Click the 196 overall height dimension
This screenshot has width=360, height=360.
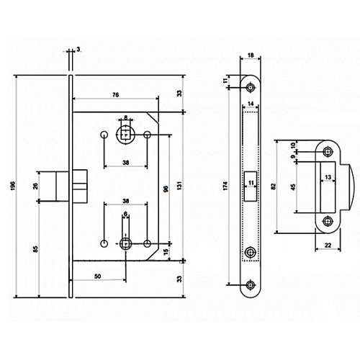(13, 186)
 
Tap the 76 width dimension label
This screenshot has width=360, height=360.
(115, 95)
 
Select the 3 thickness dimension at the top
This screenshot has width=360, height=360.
(78, 50)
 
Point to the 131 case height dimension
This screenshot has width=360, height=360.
(180, 186)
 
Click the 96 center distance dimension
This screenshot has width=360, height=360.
(166, 189)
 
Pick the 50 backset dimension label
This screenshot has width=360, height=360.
(97, 276)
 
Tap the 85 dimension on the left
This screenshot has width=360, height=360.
(35, 249)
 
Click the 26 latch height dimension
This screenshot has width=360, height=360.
(35, 186)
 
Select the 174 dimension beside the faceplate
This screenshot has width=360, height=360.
(225, 186)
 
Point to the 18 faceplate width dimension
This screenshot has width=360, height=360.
(251, 55)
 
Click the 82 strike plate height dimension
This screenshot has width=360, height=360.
(274, 186)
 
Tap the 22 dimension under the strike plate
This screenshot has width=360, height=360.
(328, 246)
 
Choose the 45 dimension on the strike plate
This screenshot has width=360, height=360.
(293, 187)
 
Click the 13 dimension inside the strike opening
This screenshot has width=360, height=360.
(328, 177)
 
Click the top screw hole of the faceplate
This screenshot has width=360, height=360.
(251, 87)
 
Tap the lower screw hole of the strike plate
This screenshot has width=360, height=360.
(328, 221)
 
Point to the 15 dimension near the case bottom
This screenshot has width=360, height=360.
(166, 252)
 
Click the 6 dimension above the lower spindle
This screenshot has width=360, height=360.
(125, 214)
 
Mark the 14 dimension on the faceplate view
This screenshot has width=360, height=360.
(251, 104)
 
